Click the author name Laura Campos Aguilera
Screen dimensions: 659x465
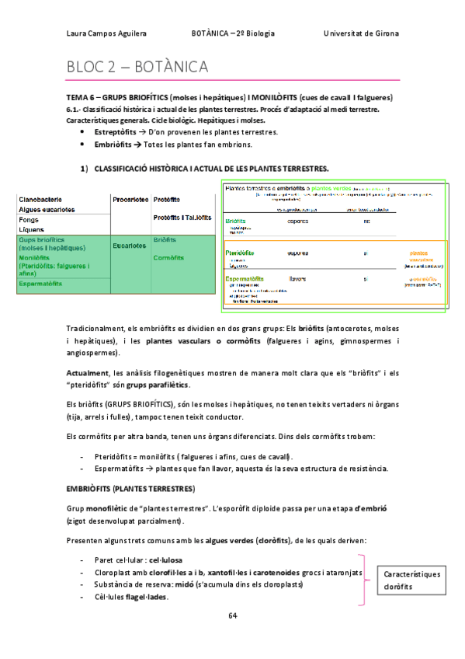coord(106,33)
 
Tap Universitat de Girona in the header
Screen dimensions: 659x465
coord(361,33)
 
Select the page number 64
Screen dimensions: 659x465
coord(232,615)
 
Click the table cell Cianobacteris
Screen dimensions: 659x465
coord(42,200)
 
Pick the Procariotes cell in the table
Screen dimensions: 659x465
coord(130,200)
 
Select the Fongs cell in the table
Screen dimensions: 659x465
coord(29,220)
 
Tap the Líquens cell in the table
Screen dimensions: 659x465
coord(32,229)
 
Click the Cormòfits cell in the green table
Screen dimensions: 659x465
coord(168,257)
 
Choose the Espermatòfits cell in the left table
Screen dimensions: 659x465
coord(40,284)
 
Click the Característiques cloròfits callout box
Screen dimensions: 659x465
coord(411,581)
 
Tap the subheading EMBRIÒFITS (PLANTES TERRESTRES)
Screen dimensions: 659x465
coord(130,488)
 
